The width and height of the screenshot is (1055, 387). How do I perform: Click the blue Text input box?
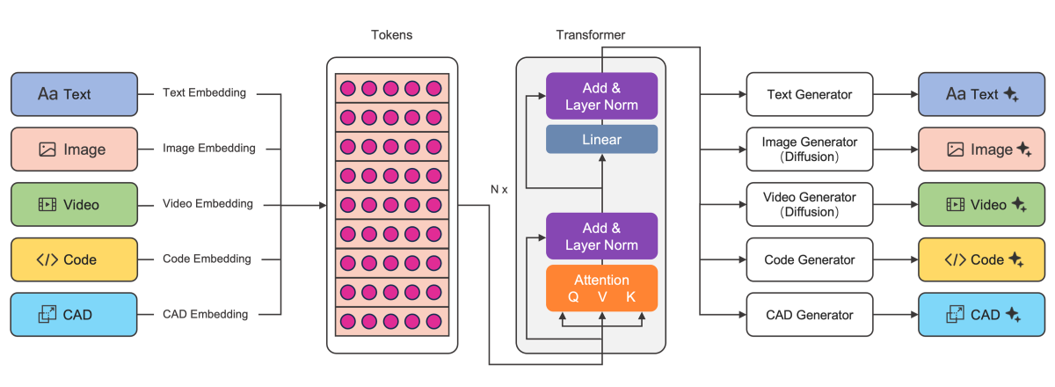click(x=74, y=94)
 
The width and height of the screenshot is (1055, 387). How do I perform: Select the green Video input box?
click(x=74, y=204)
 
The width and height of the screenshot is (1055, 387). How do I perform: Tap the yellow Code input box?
click(x=74, y=259)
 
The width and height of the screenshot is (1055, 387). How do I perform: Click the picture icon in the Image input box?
click(x=47, y=150)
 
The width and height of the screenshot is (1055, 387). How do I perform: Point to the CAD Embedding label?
click(x=206, y=314)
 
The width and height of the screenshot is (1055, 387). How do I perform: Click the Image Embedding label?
click(x=209, y=149)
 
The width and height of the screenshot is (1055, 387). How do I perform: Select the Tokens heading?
click(x=392, y=35)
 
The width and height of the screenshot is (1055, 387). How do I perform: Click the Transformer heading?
click(x=590, y=35)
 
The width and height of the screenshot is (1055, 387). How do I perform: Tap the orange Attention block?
click(x=602, y=288)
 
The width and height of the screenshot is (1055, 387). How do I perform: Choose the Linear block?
click(x=602, y=140)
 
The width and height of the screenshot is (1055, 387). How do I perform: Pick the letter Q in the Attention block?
click(x=573, y=297)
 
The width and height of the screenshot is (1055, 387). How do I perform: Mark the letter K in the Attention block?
click(x=630, y=297)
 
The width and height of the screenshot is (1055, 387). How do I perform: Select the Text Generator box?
click(x=810, y=94)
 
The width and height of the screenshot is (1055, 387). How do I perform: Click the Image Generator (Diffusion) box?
click(x=810, y=149)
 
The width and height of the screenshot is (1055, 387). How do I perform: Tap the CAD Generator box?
click(x=810, y=315)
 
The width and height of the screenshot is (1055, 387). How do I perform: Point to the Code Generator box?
click(x=810, y=259)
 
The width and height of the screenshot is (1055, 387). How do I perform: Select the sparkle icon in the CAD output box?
click(x=1014, y=315)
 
